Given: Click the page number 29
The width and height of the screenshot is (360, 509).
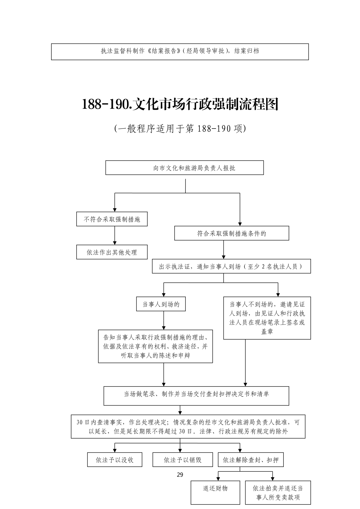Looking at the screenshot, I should pos(180,475).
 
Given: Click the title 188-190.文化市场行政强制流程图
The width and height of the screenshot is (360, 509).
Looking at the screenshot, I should pos(180,104).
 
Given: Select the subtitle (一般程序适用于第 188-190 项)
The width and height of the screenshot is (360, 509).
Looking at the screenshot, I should pos(180,129).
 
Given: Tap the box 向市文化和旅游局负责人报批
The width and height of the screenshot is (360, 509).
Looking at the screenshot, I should pos(185,168).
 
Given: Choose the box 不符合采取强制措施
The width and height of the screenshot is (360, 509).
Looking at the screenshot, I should pos(112,219).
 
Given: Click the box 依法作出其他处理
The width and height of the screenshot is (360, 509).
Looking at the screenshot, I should pos(112,252).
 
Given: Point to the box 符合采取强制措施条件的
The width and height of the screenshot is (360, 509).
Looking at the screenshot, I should pos(231,233).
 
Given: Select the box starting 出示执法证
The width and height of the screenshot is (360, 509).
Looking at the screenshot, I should pos(231,266).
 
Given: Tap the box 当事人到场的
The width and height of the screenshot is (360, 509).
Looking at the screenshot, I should pos(161,304).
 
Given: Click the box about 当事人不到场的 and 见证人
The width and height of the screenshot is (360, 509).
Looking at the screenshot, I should pos(267,318).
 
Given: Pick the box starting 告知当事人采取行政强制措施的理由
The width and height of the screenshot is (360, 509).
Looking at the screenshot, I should pos(155,346).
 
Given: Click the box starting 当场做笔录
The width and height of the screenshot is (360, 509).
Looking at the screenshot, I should pos(196,396).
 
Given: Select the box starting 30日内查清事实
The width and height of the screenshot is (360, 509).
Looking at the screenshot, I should pos(188,426).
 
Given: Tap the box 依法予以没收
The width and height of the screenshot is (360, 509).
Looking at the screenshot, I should pos(115,460).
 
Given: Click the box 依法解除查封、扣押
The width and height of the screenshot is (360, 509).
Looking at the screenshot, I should pos(251,460).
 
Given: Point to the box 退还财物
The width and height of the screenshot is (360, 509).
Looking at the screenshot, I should pos(215,492).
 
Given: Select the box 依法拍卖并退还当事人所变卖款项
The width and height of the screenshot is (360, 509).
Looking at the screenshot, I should pos(278,493).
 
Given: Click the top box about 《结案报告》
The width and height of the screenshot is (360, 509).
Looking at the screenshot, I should pos(180,51).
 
